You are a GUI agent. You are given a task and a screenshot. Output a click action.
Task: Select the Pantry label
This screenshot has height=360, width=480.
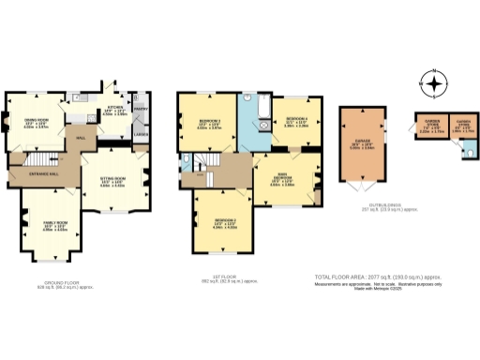pyautogui.click(x=142, y=108)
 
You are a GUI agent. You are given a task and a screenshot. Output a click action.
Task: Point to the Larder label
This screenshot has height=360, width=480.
pyautogui.click(x=141, y=136)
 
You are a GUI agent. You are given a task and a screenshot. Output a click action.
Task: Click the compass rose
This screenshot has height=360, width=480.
pyautogui.click(x=434, y=85)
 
